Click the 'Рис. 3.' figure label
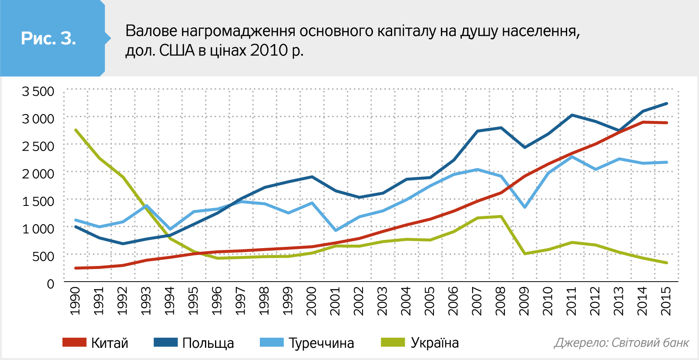point(48,39)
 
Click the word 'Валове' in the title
point(151,31)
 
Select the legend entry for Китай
point(96,343)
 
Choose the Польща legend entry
point(194,343)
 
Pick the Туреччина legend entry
point(307,343)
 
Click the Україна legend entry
point(420,343)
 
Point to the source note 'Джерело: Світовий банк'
point(622,343)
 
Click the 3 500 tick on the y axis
point(38,91)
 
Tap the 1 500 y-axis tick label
point(38,201)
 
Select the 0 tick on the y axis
point(50,284)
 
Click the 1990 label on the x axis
point(75,301)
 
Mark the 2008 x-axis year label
point(501,301)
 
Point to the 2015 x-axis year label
point(666,301)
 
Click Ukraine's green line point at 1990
point(76,130)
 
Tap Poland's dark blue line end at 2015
point(666,104)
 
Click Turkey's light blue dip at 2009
point(525,207)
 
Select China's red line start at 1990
point(76,268)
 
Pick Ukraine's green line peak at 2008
point(501,216)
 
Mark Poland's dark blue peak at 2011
point(572,115)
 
